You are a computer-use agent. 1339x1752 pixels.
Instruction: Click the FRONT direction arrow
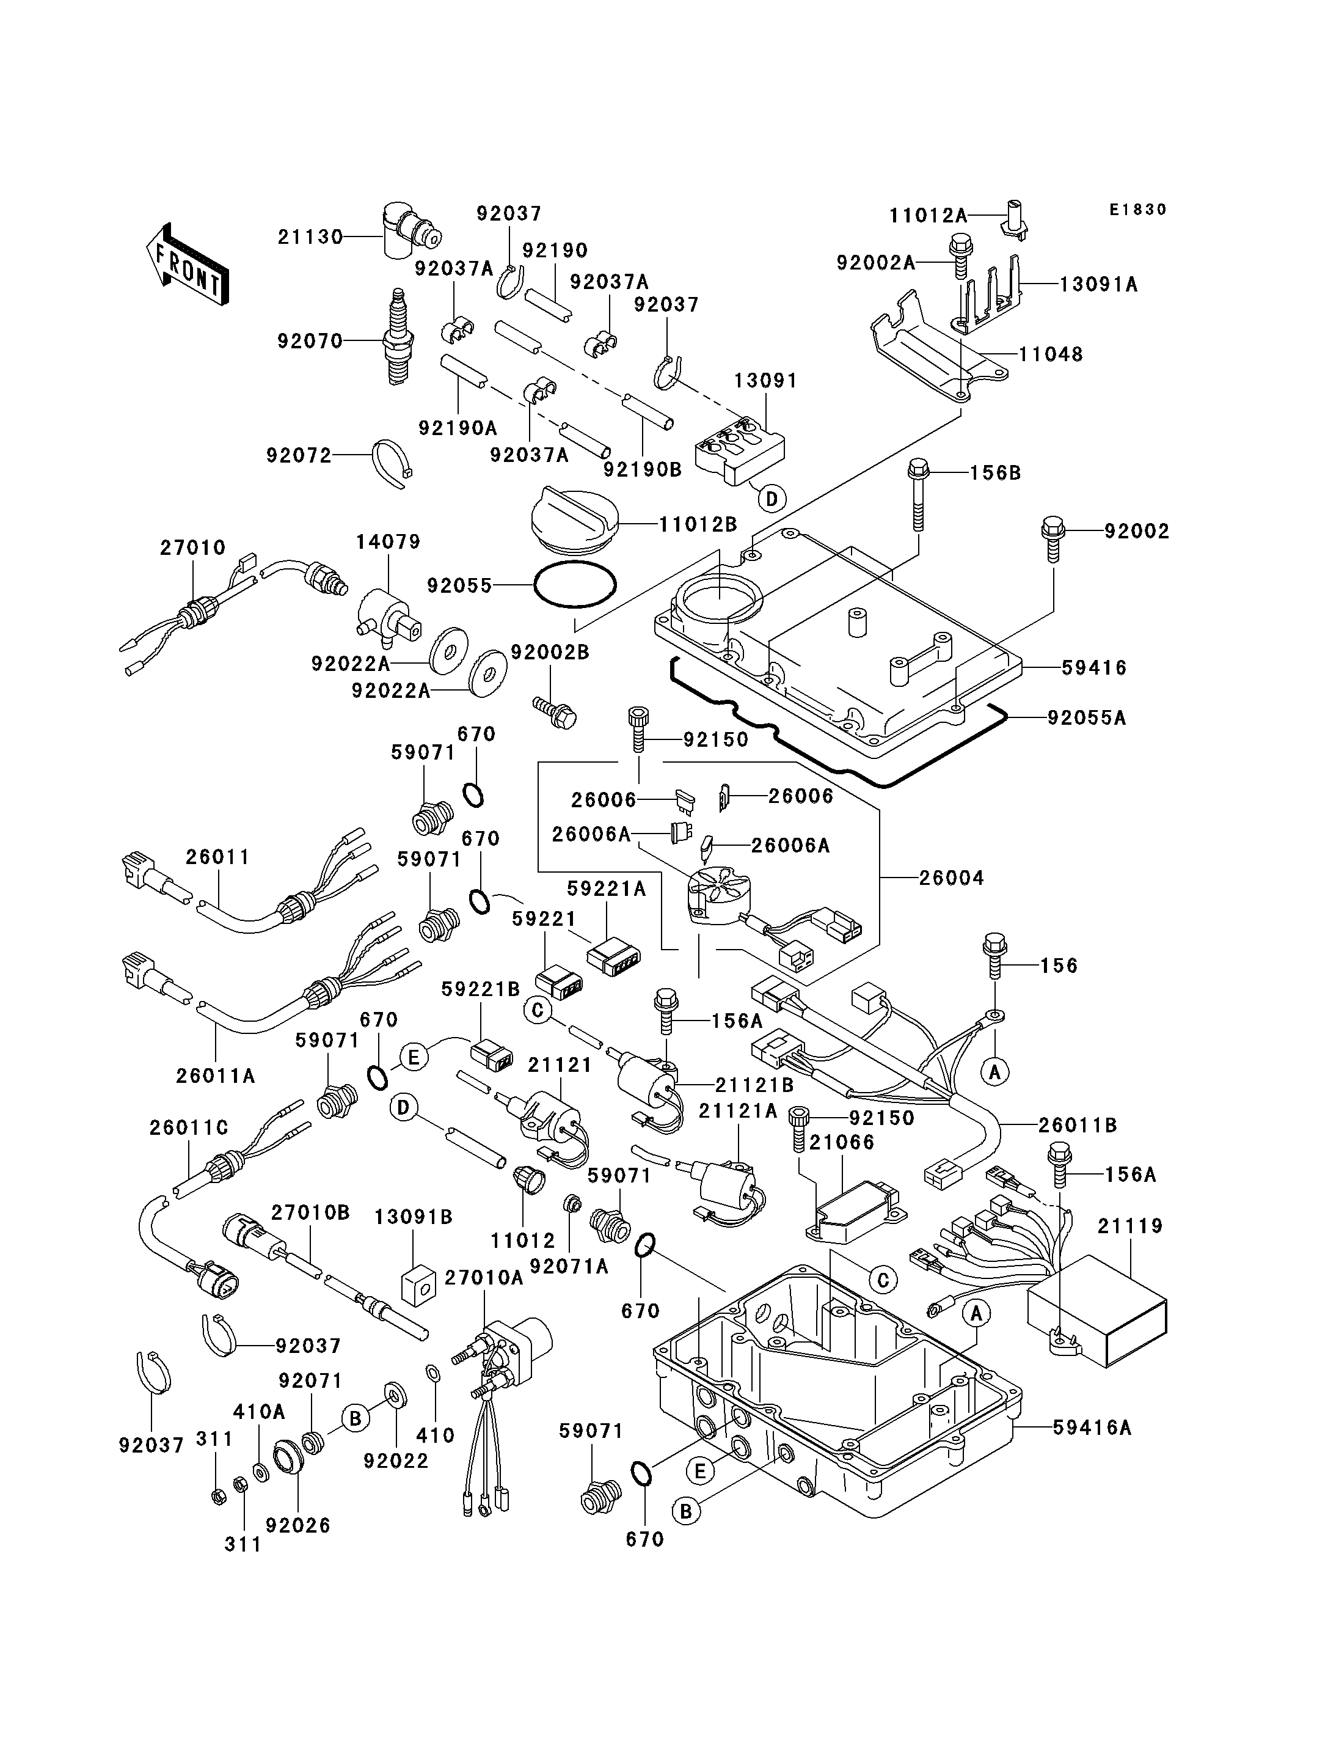click(188, 264)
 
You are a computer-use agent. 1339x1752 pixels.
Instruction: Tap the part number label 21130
click(310, 237)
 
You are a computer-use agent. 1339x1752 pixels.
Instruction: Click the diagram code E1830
click(1137, 210)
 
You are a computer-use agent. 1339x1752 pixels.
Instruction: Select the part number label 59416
click(1094, 667)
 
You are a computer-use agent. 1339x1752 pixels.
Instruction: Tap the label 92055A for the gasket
click(1086, 717)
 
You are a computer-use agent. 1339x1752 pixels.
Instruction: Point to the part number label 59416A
click(1092, 1428)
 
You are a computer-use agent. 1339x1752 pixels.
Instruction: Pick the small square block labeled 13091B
click(418, 1286)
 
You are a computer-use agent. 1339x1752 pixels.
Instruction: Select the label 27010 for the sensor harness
click(193, 548)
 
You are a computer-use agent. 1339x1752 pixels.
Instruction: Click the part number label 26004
click(952, 878)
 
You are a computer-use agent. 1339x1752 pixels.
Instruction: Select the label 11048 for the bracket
click(1051, 354)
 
